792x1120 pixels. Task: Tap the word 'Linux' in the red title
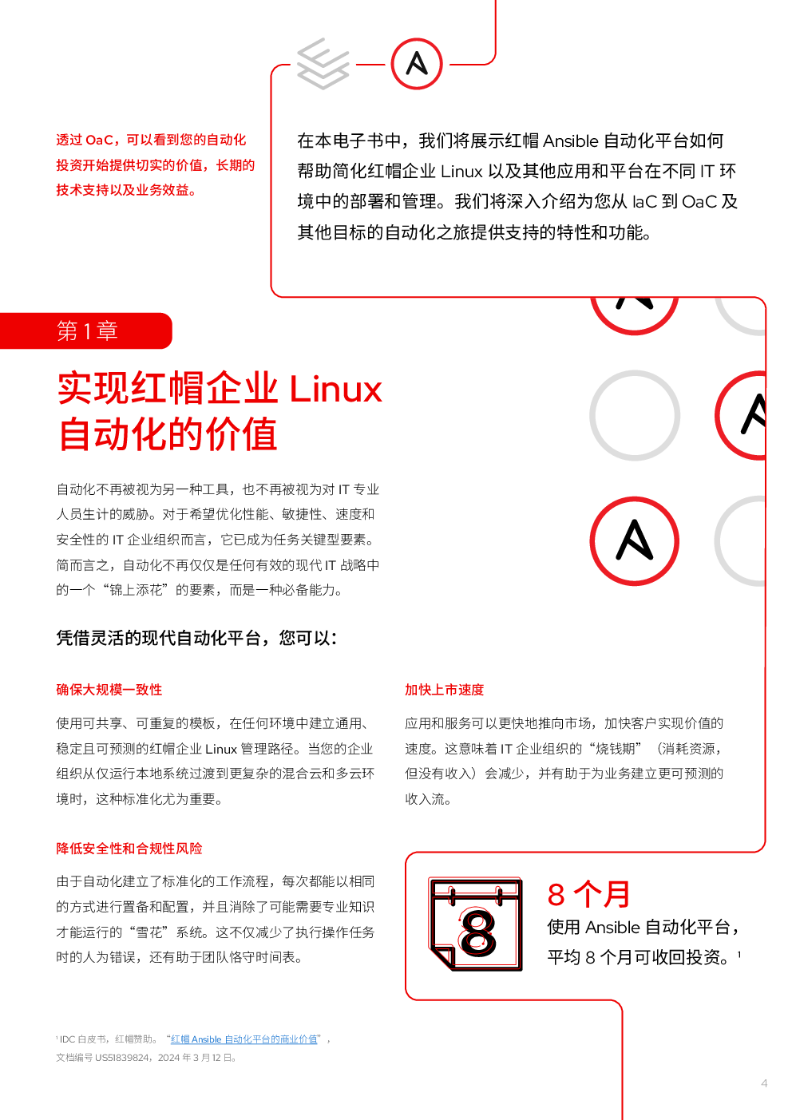335,390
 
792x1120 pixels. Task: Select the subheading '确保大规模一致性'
109,690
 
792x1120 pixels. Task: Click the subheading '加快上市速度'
444,690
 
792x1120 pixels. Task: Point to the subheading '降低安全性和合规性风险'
129,849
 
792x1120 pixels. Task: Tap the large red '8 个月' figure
589,894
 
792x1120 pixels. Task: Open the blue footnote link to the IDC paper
244,1039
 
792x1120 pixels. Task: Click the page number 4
764,1083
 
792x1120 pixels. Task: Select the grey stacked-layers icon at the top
323,63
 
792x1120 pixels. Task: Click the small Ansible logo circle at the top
417,63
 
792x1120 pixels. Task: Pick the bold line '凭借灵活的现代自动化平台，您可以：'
196,639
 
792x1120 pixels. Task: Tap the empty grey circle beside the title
635,415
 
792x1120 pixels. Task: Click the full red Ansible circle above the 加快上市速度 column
635,541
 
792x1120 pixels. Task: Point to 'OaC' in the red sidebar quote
99,140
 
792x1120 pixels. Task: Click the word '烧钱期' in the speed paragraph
616,749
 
